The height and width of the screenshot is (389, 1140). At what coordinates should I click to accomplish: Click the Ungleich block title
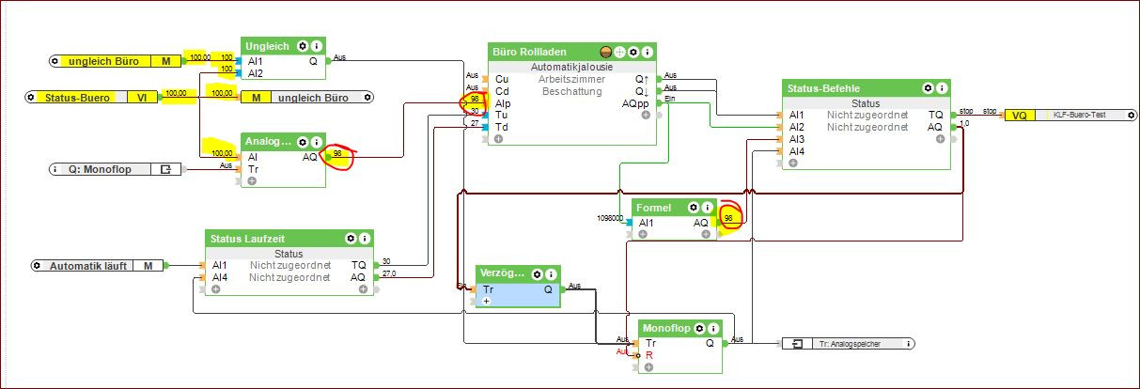267,45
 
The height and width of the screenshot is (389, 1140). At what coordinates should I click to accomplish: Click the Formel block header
654,207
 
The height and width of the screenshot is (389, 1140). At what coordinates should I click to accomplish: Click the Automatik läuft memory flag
92,266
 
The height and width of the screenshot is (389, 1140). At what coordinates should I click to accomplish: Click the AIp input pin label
504,103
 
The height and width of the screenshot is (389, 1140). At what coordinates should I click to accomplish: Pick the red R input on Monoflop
649,356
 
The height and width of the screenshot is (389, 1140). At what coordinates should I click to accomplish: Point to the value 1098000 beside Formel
610,218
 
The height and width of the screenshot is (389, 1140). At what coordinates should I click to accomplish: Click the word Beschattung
571,91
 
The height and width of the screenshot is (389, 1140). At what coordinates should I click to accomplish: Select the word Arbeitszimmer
571,80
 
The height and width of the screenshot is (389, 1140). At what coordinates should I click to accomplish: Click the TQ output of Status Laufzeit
359,265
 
